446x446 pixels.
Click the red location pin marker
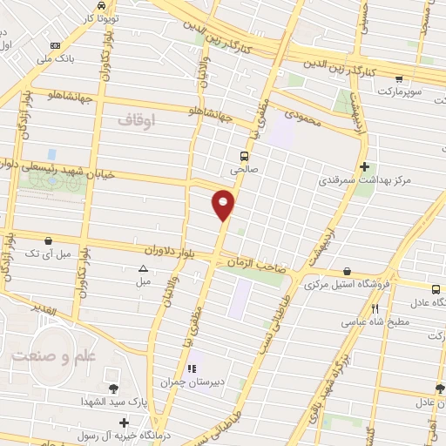pos(224,206)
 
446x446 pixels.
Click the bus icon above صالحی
pos(244,156)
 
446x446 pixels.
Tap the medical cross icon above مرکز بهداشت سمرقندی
pos(364,166)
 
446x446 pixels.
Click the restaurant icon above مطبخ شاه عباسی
pos(376,307)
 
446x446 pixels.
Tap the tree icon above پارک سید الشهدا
pos(112,389)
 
